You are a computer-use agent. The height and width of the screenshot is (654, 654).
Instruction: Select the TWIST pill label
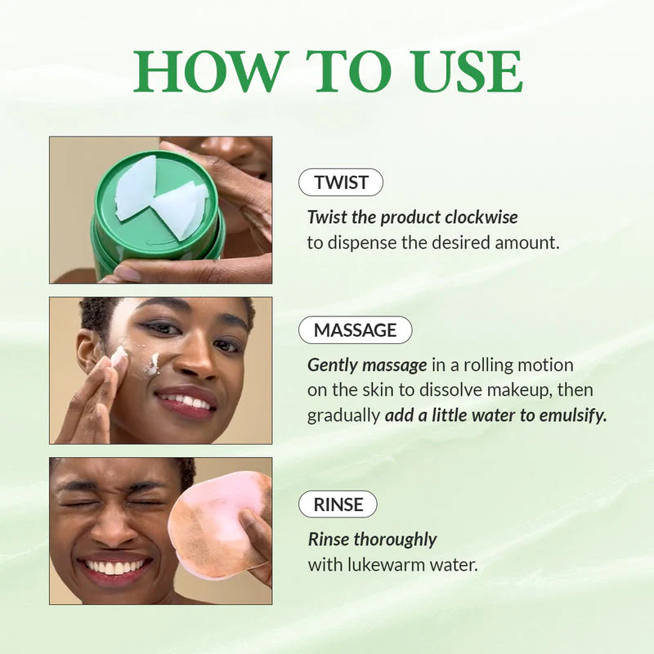point(340,182)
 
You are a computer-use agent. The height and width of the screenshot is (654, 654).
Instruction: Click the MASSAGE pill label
point(356,330)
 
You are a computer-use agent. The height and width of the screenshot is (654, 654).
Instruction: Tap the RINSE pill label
point(338,504)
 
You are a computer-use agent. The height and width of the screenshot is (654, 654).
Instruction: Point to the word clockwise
point(482,217)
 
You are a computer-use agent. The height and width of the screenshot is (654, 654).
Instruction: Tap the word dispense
point(360,243)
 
